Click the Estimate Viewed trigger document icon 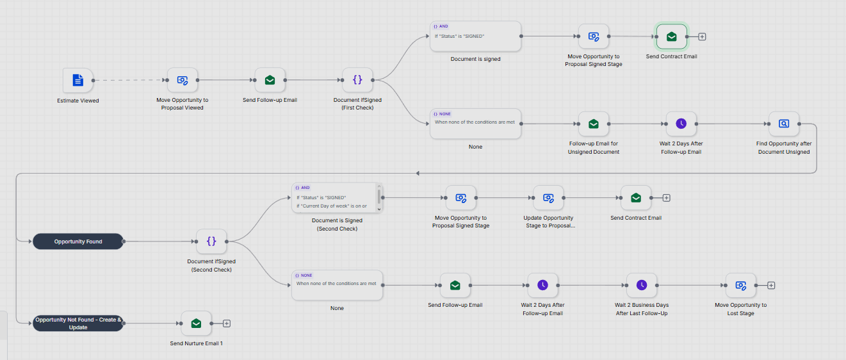click(77, 80)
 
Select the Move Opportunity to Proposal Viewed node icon click(183, 80)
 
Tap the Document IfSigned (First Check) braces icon click(357, 79)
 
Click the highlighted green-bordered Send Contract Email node click(672, 37)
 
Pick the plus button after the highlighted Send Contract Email click(702, 37)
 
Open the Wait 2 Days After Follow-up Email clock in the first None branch click(681, 124)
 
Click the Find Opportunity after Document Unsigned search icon click(784, 124)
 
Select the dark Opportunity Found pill click(78, 241)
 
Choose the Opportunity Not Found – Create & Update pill click(78, 323)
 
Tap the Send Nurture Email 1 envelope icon click(196, 323)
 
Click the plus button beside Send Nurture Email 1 click(227, 323)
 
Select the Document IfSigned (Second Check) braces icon click(211, 241)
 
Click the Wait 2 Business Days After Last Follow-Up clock click(642, 285)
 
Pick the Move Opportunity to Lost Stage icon click(740, 285)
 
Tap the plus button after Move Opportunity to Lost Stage click(771, 286)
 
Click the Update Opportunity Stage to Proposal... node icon click(548, 197)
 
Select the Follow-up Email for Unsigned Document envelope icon click(593, 124)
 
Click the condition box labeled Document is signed click(475, 37)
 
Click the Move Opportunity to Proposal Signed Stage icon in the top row click(593, 37)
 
